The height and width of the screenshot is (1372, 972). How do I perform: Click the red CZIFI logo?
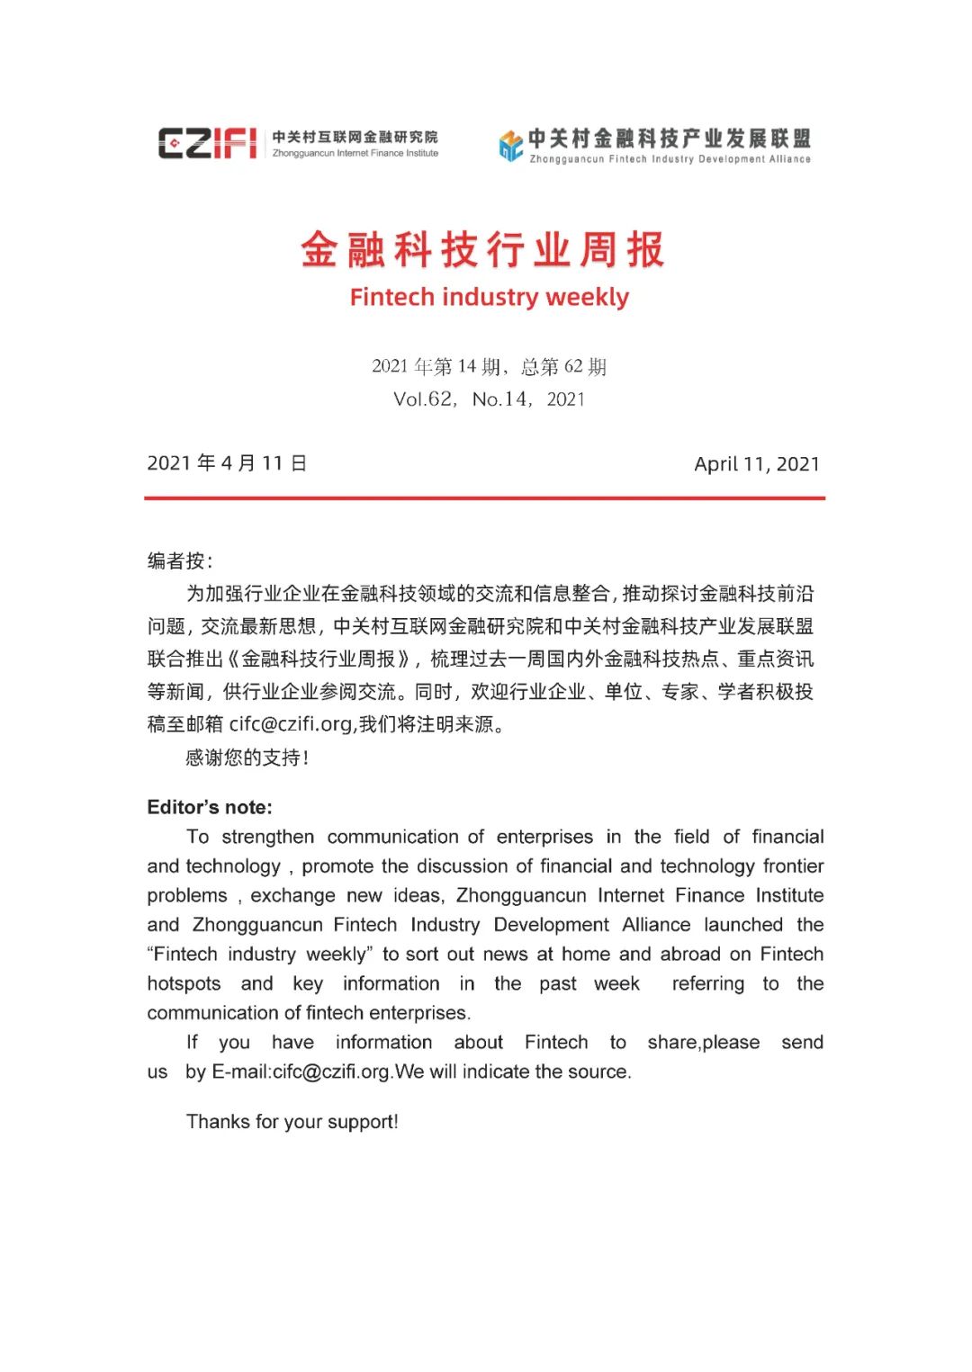[x=208, y=142]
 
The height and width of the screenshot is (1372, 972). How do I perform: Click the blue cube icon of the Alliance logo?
[x=510, y=145]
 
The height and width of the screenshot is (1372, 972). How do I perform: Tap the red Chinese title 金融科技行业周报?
[x=483, y=250]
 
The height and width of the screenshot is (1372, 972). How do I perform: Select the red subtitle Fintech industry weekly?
[x=489, y=297]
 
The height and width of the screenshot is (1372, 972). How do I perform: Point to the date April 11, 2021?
[x=757, y=464]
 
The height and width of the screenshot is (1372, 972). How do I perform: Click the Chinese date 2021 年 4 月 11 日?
[x=227, y=463]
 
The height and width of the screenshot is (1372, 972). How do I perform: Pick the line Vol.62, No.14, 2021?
[x=489, y=399]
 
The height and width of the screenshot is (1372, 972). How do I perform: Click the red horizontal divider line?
[x=484, y=498]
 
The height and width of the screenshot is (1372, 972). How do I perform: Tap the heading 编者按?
[x=180, y=561]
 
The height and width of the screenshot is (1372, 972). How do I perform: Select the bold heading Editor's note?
[x=210, y=807]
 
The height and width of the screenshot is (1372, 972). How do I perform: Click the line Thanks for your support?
[x=292, y=1122]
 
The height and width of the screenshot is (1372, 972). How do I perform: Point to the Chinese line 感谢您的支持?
[x=247, y=758]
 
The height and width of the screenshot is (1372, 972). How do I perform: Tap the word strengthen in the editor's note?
[x=268, y=837]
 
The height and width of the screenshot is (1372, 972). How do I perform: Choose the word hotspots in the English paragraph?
[x=184, y=984]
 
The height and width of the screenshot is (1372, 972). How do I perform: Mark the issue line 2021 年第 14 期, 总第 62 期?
[x=489, y=366]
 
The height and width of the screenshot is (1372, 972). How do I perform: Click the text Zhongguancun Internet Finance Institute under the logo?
[x=355, y=154]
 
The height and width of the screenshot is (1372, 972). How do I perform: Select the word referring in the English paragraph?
[x=708, y=984]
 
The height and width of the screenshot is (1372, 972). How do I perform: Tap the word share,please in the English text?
[x=703, y=1043]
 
